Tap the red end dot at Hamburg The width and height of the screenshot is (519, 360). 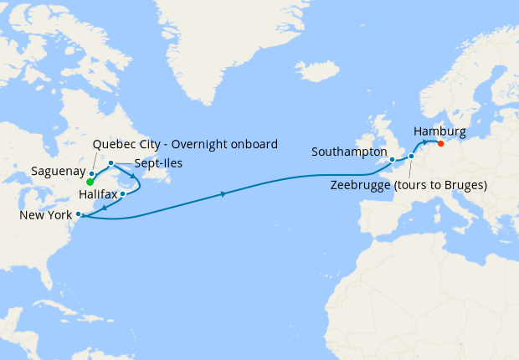click(441, 142)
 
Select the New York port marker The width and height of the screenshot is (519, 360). click(79, 214)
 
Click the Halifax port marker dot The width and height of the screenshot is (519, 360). click(123, 194)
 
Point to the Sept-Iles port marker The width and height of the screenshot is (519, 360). click(110, 162)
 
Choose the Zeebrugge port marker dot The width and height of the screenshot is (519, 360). click(411, 157)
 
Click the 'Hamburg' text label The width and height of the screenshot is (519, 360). click(439, 131)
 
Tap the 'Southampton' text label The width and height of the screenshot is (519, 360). click(349, 152)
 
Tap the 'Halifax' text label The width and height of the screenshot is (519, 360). click(97, 194)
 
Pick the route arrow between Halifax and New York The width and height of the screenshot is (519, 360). click(104, 207)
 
